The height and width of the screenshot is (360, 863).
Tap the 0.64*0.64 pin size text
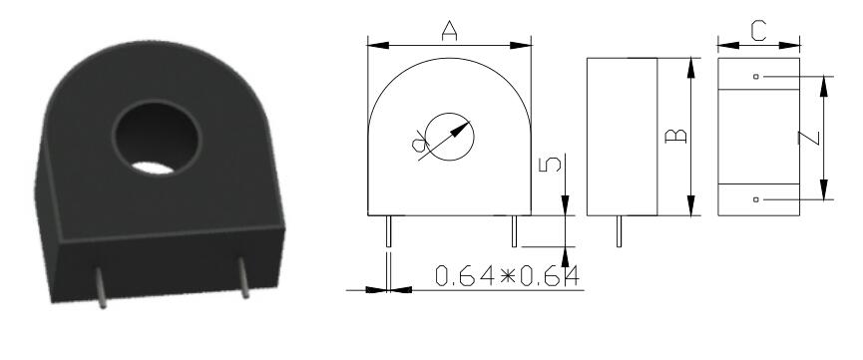point(507,274)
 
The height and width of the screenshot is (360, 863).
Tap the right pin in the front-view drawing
point(514,231)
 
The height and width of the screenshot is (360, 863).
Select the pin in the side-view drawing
point(620,231)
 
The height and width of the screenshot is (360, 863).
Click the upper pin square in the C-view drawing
point(756,77)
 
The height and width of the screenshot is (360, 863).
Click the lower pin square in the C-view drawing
point(756,199)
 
